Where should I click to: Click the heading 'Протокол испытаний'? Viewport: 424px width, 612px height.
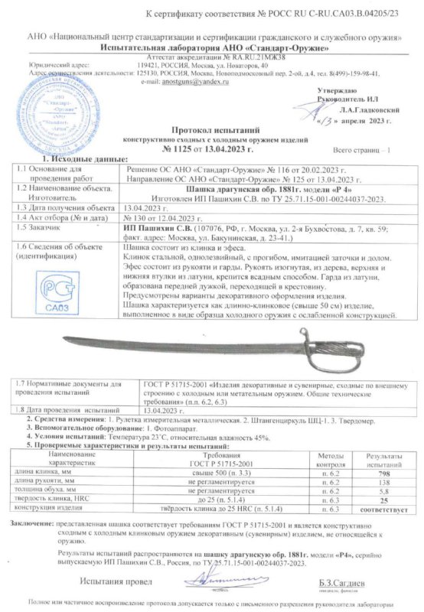[211, 131]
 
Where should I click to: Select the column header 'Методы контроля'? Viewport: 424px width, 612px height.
[325, 460]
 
